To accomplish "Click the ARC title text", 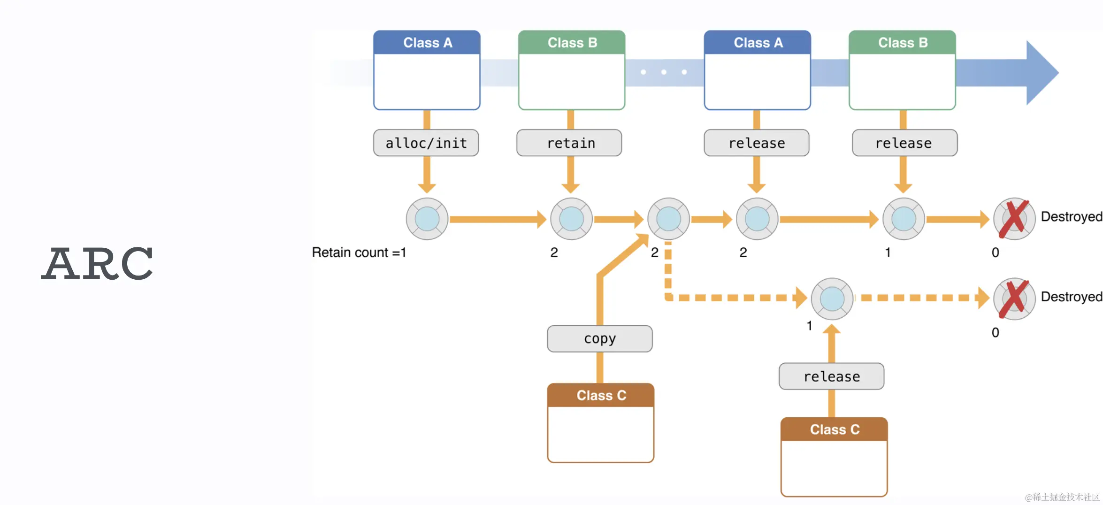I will pos(97,264).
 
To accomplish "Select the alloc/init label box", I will pos(426,143).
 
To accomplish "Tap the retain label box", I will pos(569,143).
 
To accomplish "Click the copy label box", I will pos(600,338).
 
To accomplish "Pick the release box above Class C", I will pos(831,376).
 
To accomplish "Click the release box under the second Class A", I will pos(757,143).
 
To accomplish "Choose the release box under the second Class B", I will pos(904,143).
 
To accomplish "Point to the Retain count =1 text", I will pos(359,252).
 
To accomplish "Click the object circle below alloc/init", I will pos(427,219).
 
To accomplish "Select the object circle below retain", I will pos(571,219).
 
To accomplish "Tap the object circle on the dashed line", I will pos(832,299).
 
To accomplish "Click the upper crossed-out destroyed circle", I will pos(1014,219).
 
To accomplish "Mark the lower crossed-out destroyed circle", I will pos(1014,299).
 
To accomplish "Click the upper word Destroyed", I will pos(1071,216).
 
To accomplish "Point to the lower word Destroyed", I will pos(1071,297).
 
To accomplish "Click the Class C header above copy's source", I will pos(601,395).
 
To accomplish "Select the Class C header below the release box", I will pos(834,429).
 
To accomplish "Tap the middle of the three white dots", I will pos(664,72).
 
